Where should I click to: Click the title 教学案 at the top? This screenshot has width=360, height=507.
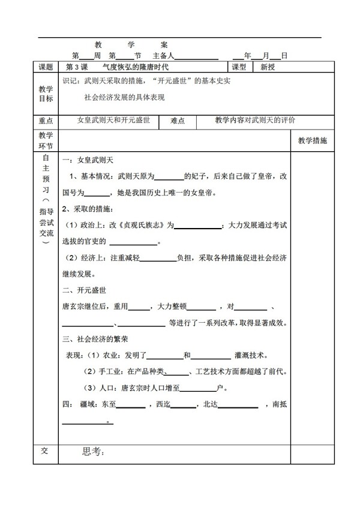(x=131, y=44)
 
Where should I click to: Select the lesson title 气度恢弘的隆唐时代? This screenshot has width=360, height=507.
(x=136, y=67)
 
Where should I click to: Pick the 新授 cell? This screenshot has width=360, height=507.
(x=268, y=67)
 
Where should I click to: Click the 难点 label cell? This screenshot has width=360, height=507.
(x=178, y=121)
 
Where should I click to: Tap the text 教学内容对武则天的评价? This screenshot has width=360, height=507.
(x=255, y=120)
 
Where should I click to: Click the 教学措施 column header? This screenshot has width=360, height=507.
(x=313, y=140)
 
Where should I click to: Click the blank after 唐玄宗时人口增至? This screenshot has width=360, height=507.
(x=197, y=388)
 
